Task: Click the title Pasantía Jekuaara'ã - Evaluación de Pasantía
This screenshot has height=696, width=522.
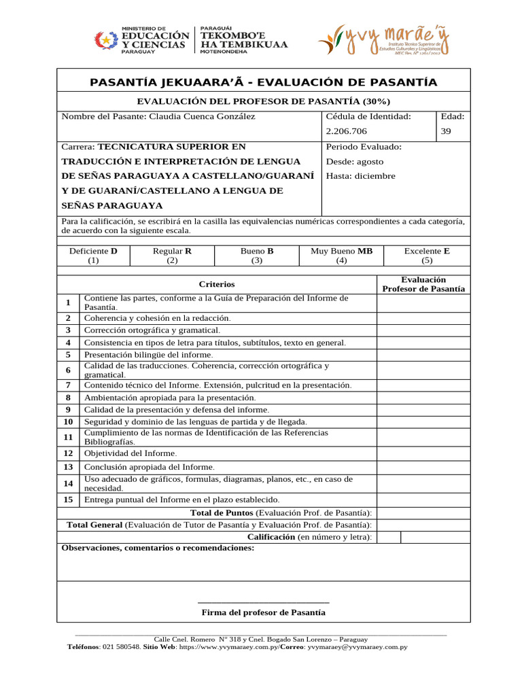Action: (x=263, y=83)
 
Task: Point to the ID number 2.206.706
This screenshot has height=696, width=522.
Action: (x=347, y=132)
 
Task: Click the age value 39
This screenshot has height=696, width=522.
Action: (x=446, y=132)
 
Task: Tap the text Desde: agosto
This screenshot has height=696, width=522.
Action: (x=355, y=162)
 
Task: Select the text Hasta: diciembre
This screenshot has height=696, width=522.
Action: (x=360, y=176)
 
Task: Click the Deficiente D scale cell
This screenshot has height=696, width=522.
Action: (x=93, y=256)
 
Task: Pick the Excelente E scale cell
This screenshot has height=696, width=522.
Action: (x=427, y=256)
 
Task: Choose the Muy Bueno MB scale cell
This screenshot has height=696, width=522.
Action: (x=341, y=256)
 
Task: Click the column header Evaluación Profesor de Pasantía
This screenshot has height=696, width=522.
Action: (x=423, y=284)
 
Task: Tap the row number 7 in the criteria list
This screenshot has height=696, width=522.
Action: (x=69, y=385)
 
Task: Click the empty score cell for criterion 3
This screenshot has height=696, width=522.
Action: (x=423, y=330)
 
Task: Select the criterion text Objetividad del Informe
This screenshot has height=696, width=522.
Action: (x=130, y=453)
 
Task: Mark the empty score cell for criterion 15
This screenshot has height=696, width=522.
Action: (x=423, y=500)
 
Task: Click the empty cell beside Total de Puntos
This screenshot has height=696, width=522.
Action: (x=423, y=512)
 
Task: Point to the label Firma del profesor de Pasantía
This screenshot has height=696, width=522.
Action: (x=264, y=612)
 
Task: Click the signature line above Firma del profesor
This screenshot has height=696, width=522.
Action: (x=264, y=602)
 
